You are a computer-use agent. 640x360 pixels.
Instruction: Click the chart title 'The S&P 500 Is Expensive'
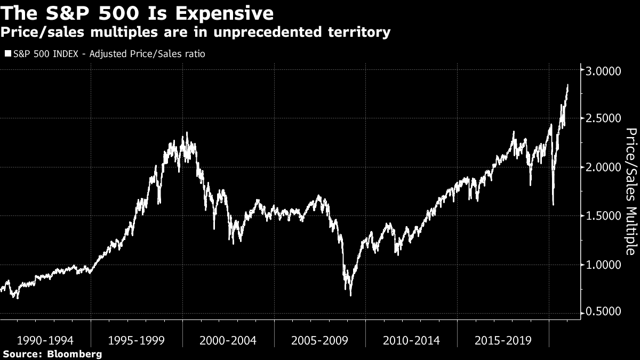(x=138, y=12)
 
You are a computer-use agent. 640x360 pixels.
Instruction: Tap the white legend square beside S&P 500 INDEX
(x=7, y=54)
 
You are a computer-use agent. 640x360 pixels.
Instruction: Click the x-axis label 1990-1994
(x=45, y=340)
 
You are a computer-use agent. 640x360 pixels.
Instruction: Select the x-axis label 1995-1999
(x=137, y=340)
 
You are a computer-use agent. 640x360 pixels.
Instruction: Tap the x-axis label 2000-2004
(x=228, y=340)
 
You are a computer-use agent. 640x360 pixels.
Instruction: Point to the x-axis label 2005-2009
(x=319, y=340)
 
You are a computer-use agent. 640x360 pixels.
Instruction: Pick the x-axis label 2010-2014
(x=411, y=340)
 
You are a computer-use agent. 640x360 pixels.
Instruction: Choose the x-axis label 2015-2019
(x=503, y=340)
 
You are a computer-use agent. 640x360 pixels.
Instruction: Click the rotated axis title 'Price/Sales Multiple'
(x=630, y=191)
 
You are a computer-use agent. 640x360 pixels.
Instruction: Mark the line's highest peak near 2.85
(x=567, y=85)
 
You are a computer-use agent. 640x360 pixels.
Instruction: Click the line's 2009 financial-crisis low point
(x=350, y=295)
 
